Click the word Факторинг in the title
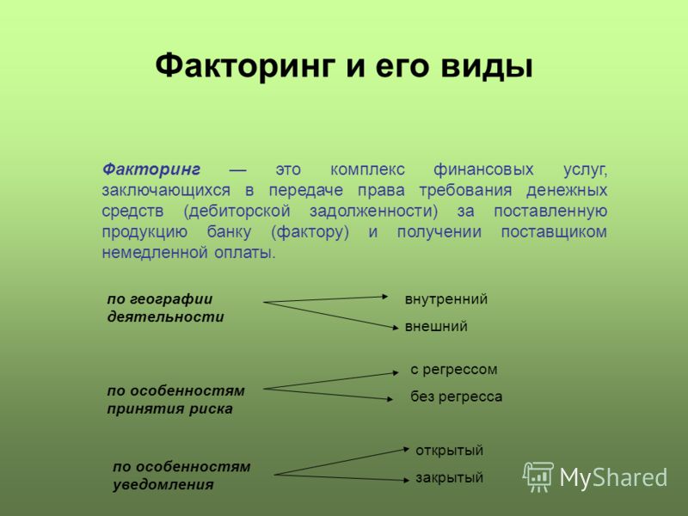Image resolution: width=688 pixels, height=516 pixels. pos(246,67)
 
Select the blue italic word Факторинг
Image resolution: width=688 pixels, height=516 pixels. pos(151,169)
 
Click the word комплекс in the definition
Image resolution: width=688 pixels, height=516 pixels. pos(367,169)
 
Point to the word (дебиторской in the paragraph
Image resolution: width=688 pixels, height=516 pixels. pos(237,211)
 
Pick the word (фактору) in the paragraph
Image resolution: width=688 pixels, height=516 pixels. pos(310,231)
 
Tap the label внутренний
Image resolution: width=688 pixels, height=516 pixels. pos(446,298)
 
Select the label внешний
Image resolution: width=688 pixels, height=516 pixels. pos(436,326)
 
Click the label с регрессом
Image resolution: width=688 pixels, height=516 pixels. pos(454,370)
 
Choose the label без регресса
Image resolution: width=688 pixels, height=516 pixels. pos(457,396)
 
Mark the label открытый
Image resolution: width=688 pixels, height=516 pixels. pos(449,450)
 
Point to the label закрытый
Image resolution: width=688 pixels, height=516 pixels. pos(449,477)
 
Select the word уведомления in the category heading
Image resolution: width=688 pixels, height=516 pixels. pos(163,485)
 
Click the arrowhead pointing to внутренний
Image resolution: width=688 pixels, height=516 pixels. pos(384,297)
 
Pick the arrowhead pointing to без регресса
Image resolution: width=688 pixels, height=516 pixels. pos(390,399)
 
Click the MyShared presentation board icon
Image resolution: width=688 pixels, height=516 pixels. pos(538,477)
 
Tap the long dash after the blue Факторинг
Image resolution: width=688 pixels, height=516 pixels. pos(238,170)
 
